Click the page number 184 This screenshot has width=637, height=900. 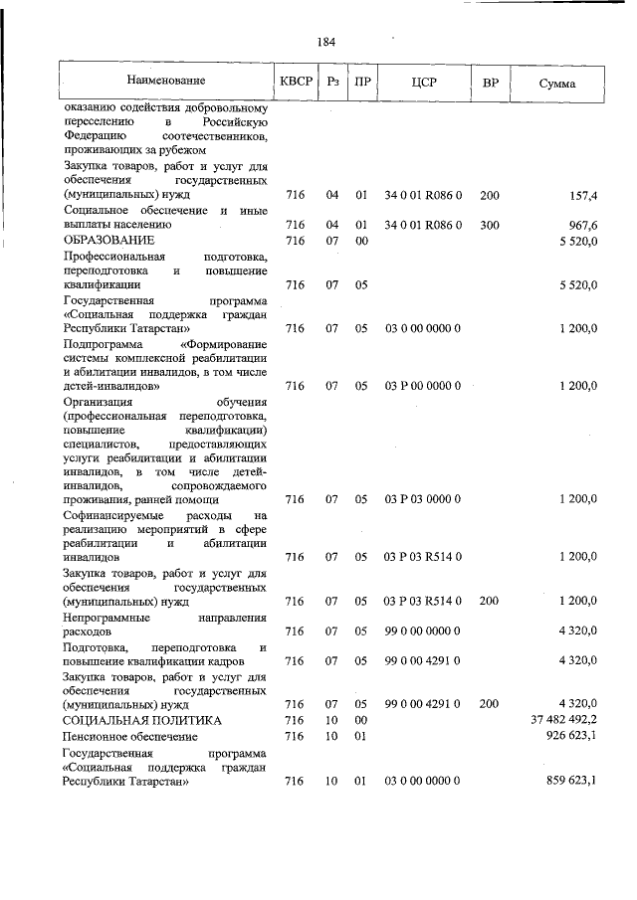(325, 42)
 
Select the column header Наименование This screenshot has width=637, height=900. (165, 81)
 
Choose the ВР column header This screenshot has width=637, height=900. (490, 81)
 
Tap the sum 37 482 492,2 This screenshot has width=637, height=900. (564, 719)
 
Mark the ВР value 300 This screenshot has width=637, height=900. (490, 225)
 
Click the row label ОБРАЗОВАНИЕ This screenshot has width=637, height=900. (108, 240)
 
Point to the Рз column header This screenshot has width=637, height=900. (333, 81)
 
